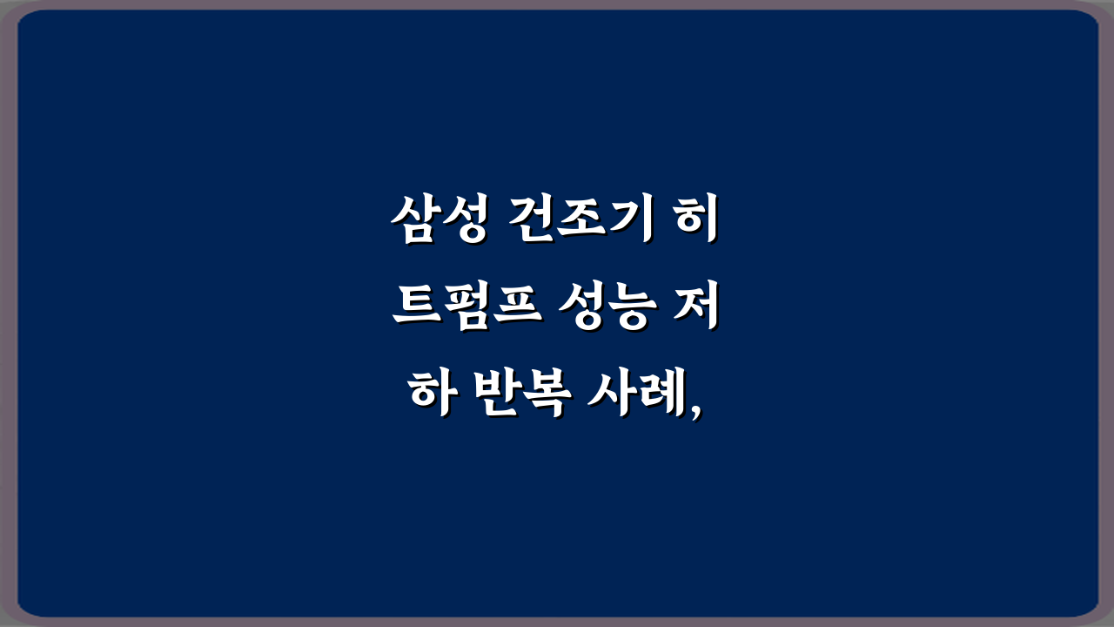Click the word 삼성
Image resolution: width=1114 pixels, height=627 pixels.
pos(439,224)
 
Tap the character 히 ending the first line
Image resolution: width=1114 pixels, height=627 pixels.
pos(696,224)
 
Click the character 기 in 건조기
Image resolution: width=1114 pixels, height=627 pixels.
pos(628,224)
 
